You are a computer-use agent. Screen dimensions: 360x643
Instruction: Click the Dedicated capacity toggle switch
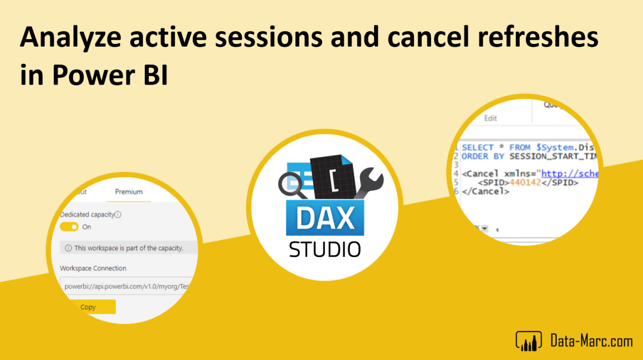(69, 227)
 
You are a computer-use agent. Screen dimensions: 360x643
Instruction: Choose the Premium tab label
(129, 192)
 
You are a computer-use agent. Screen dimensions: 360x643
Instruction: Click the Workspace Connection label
(93, 268)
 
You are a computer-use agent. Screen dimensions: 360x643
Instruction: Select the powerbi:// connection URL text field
(126, 286)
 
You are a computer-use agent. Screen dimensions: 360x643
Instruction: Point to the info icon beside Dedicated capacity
(118, 214)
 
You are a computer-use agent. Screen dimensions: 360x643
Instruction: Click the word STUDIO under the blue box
(325, 249)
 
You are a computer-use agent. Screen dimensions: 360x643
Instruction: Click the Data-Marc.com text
(592, 339)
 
